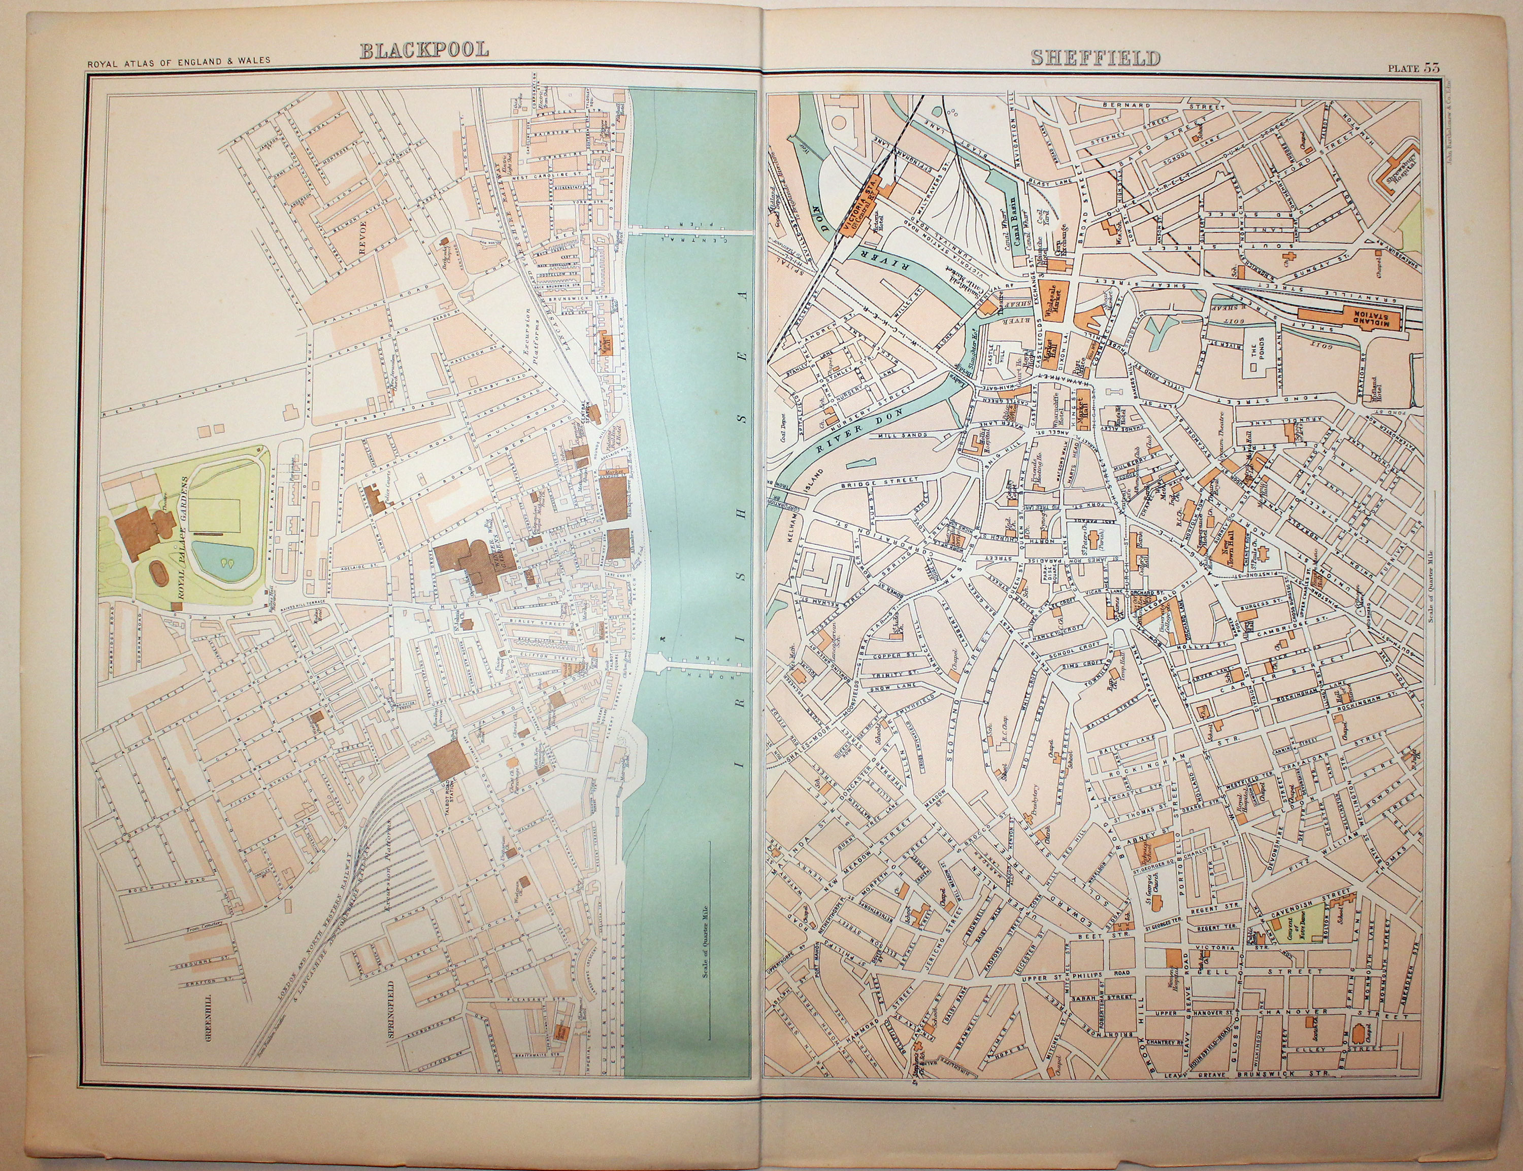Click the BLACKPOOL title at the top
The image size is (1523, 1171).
pos(424,50)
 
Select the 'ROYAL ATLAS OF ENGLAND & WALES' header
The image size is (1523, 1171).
pos(179,61)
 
